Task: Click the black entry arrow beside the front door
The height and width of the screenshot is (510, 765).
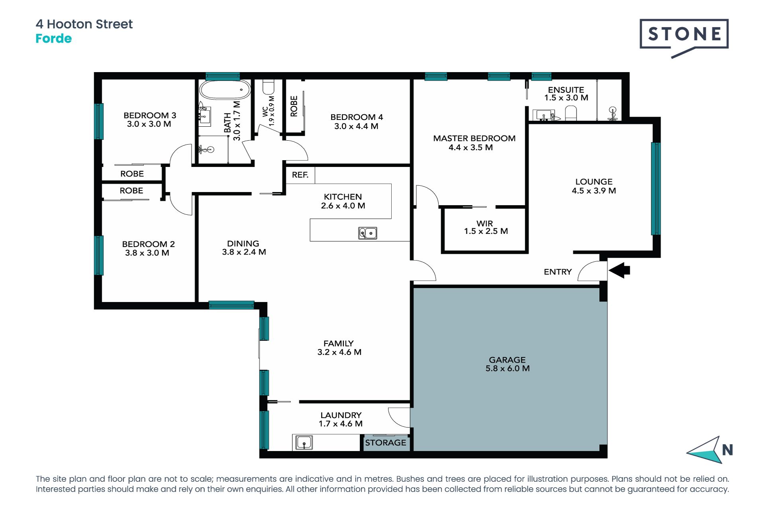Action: coord(619,270)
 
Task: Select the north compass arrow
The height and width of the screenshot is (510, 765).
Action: coord(704,450)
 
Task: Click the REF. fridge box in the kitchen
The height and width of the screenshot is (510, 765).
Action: coord(300,175)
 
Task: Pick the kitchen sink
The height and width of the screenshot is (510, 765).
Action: coord(367,233)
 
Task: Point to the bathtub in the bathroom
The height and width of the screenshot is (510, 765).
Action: coord(225,90)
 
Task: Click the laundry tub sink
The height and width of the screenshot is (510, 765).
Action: coord(304,442)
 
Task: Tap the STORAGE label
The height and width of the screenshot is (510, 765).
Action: coord(386,443)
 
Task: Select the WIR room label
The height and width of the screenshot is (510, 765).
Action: coord(485,224)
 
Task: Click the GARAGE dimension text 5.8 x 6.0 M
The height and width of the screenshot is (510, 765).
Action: coord(508,369)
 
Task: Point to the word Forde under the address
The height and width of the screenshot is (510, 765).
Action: coord(54,39)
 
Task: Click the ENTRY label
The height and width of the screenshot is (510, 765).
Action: coord(558,272)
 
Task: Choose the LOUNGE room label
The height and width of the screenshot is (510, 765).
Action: coord(594,182)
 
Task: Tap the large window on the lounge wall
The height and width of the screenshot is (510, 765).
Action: coord(655,188)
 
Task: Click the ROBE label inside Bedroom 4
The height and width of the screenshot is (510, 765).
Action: coord(294,106)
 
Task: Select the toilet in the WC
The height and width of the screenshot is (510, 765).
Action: coord(269,87)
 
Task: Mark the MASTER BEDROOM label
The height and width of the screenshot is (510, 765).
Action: coord(474,138)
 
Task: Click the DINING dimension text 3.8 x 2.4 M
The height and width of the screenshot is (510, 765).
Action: coord(244,252)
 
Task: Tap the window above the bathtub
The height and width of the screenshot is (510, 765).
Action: coord(223,76)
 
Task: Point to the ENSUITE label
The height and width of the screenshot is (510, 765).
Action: coord(566,90)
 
